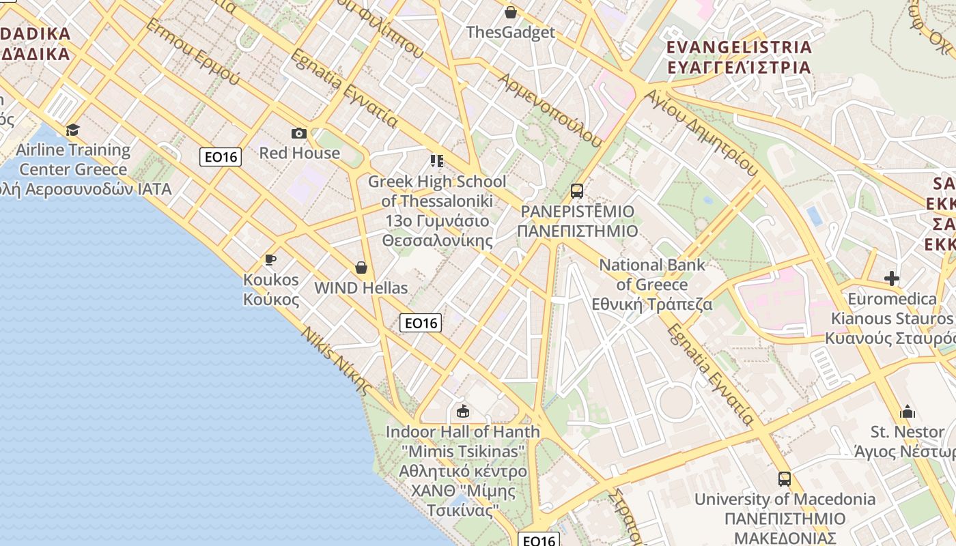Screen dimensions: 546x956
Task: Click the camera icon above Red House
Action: pos(298,133)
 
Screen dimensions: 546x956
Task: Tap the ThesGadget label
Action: pos(510,32)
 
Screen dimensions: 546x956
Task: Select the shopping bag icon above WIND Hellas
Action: pos(361,268)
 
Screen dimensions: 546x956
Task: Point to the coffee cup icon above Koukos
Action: pos(270,259)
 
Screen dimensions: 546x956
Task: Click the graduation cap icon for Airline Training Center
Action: pos(72,130)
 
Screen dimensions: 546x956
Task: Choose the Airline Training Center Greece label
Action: pos(73,160)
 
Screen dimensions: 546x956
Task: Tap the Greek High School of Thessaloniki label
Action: pos(437,211)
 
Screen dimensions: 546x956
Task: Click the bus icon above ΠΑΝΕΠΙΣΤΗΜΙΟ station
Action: pos(577,190)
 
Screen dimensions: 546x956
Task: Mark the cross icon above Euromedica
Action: pos(891,278)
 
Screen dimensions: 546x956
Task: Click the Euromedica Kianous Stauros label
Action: pos(891,318)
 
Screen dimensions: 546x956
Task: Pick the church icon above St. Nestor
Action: pos(908,412)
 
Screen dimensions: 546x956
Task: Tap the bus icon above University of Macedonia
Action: pos(785,479)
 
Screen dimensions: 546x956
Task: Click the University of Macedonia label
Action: pos(785,508)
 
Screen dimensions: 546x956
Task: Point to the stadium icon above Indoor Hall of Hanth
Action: pos(463,411)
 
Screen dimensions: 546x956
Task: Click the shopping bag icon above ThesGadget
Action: pos(510,12)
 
